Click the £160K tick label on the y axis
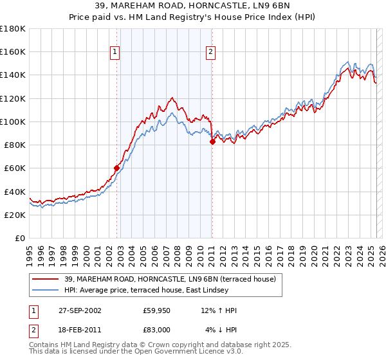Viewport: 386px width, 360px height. (x=13, y=52)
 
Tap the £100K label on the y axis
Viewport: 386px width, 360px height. (x=13, y=122)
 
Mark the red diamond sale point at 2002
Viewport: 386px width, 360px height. (x=117, y=168)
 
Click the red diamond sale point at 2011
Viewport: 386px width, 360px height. (x=212, y=142)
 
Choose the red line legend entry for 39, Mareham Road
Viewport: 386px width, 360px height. (x=170, y=279)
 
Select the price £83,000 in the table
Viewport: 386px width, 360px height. (x=157, y=329)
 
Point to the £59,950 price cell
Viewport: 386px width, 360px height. (x=157, y=310)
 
